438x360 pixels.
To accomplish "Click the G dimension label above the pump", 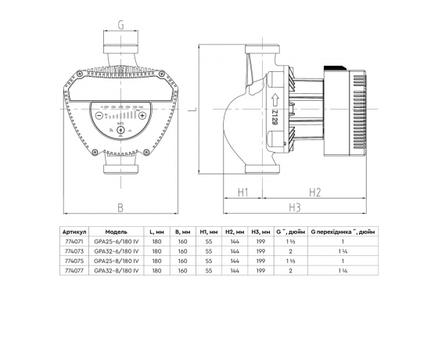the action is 121,25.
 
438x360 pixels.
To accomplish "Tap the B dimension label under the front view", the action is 120,207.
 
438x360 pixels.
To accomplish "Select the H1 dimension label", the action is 243,193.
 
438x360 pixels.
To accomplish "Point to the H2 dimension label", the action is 314,193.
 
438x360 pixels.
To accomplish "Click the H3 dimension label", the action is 295,207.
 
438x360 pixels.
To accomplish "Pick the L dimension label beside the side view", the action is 192,109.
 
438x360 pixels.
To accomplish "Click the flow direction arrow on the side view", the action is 275,100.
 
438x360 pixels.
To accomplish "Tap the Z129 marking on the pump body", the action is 275,117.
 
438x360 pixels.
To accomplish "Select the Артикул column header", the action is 74,232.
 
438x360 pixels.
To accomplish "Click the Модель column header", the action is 117,232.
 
